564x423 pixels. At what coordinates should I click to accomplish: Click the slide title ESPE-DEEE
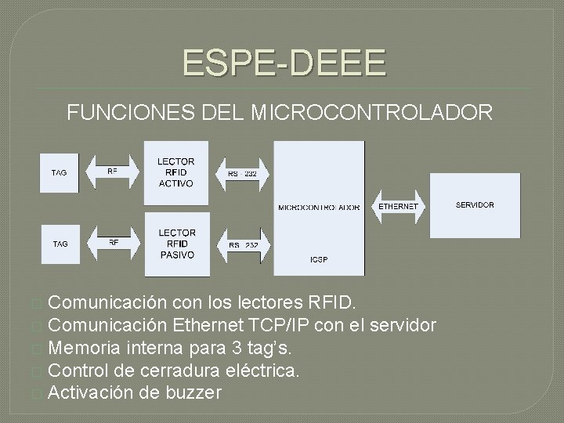click(284, 62)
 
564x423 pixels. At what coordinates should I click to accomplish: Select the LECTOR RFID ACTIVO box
click(176, 173)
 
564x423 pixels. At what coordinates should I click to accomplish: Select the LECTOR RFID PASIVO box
click(177, 244)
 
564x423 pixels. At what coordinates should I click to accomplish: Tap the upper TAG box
click(60, 172)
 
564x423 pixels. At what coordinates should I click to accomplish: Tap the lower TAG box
click(60, 244)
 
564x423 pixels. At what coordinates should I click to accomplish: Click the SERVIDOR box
click(475, 205)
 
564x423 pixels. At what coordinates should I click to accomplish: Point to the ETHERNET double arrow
click(398, 206)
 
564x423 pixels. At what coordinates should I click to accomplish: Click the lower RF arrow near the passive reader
click(114, 243)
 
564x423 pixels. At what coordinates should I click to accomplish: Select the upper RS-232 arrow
click(242, 173)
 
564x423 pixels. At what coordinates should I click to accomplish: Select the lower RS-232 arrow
click(244, 245)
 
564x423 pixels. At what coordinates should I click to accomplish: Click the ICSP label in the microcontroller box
click(319, 258)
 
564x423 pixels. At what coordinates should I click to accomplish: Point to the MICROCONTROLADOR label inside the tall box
click(319, 208)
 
